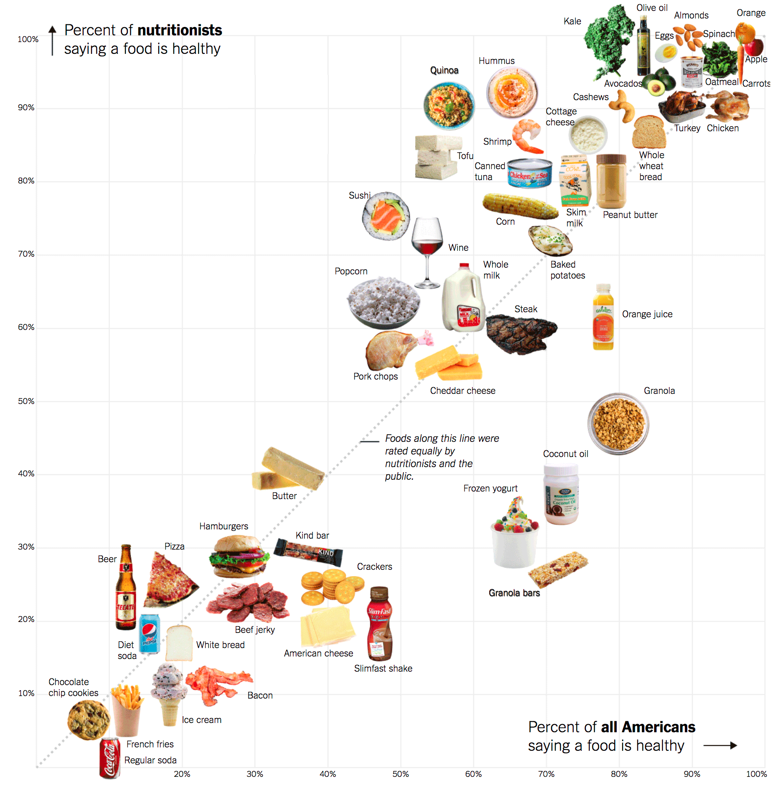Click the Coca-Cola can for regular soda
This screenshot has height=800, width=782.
coord(110,758)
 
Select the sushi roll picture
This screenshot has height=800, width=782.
coord(386,216)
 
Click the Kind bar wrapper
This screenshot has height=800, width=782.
coord(308,551)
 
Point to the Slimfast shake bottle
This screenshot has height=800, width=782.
coord(380,623)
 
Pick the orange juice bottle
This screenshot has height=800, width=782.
coord(603,318)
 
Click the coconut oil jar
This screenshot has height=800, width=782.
coord(561,494)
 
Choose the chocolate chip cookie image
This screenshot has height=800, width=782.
coord(89,720)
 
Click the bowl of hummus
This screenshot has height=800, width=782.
coord(512,93)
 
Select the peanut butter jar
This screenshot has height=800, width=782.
coord(611,181)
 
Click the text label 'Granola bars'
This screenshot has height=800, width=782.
coord(514,593)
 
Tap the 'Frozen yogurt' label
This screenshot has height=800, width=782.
coord(490,488)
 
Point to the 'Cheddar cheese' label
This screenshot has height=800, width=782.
coord(462,391)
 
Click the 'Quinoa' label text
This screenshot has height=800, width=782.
coord(444,70)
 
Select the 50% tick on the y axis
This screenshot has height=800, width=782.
coord(26,401)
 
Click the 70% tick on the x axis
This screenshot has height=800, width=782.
coord(546,774)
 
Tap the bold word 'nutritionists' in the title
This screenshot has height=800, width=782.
coord(180,30)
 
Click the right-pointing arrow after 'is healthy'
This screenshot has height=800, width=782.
coord(720,745)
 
